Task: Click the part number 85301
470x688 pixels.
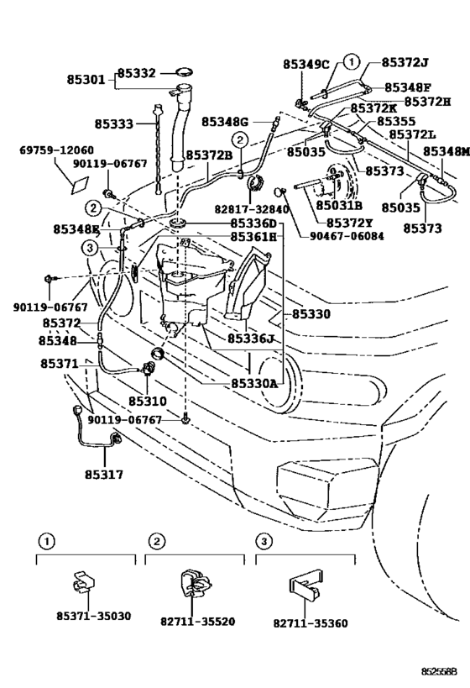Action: pos(86,81)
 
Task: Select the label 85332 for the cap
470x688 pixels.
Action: pos(136,74)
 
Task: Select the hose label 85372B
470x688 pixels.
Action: pos(211,155)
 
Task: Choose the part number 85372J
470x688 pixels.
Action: pos(405,61)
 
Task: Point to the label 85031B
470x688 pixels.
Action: pos(339,205)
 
